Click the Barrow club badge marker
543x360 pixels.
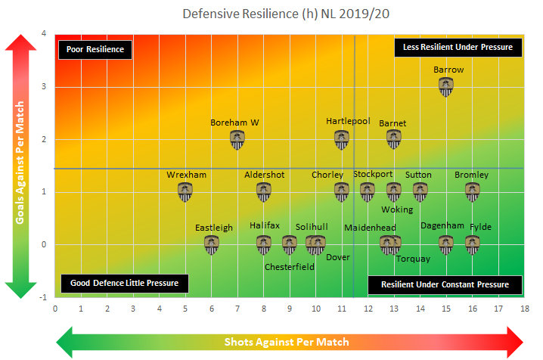446,87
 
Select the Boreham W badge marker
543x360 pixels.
237,140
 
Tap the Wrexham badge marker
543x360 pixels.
185,192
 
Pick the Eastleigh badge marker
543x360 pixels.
212,245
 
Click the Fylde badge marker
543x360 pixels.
473,244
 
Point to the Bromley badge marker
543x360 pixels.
473,192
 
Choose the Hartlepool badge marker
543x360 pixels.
342,140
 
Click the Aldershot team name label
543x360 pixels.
264,175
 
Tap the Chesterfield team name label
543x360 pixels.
290,266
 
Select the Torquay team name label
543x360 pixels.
413,259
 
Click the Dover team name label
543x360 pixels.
337,257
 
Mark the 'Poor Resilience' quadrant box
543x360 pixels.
95,49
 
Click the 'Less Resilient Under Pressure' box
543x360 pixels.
458,47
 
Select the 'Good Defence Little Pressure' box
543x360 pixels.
124,283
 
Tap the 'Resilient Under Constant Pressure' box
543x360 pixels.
445,285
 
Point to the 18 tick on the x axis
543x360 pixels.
524,309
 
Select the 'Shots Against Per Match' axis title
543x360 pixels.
287,342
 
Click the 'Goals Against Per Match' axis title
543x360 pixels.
21,166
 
